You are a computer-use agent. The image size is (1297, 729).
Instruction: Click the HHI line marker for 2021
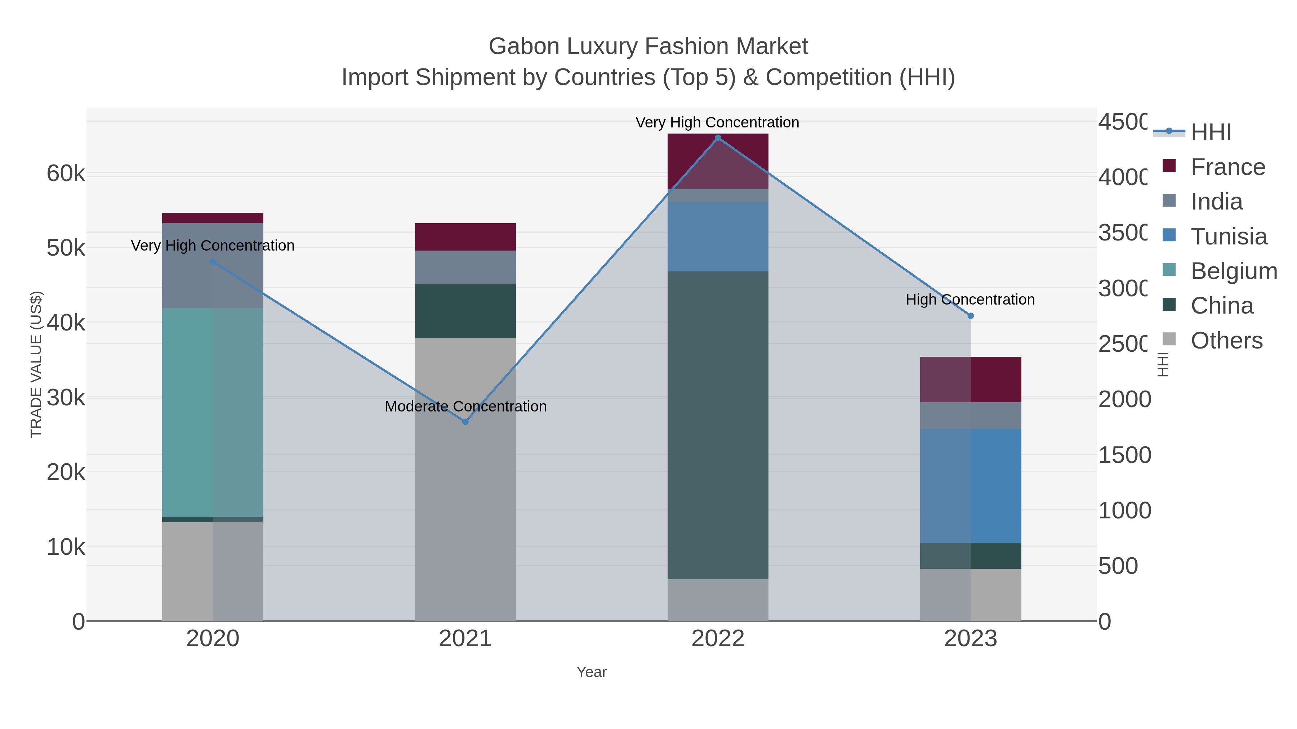(465, 422)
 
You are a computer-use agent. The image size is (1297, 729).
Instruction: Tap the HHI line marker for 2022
(718, 138)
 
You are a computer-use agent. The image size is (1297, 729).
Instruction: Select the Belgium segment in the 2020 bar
(213, 413)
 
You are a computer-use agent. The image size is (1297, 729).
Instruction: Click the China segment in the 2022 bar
(718, 425)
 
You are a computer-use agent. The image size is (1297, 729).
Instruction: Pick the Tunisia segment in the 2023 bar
(971, 486)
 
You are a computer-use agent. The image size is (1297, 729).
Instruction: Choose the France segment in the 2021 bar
(465, 237)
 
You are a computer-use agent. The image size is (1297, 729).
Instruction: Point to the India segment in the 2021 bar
(465, 267)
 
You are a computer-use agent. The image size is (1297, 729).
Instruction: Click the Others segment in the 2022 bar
(718, 600)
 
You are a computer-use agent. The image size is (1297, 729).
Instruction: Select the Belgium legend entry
(1234, 271)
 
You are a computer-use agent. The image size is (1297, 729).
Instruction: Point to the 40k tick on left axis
(66, 323)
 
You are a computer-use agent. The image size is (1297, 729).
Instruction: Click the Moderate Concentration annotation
(465, 406)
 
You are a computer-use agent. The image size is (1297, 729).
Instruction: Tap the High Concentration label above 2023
(970, 300)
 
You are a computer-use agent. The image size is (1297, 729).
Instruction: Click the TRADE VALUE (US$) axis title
(36, 364)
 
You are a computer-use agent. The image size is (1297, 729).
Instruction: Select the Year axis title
(591, 672)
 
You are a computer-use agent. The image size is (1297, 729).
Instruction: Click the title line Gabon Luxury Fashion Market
(648, 46)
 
